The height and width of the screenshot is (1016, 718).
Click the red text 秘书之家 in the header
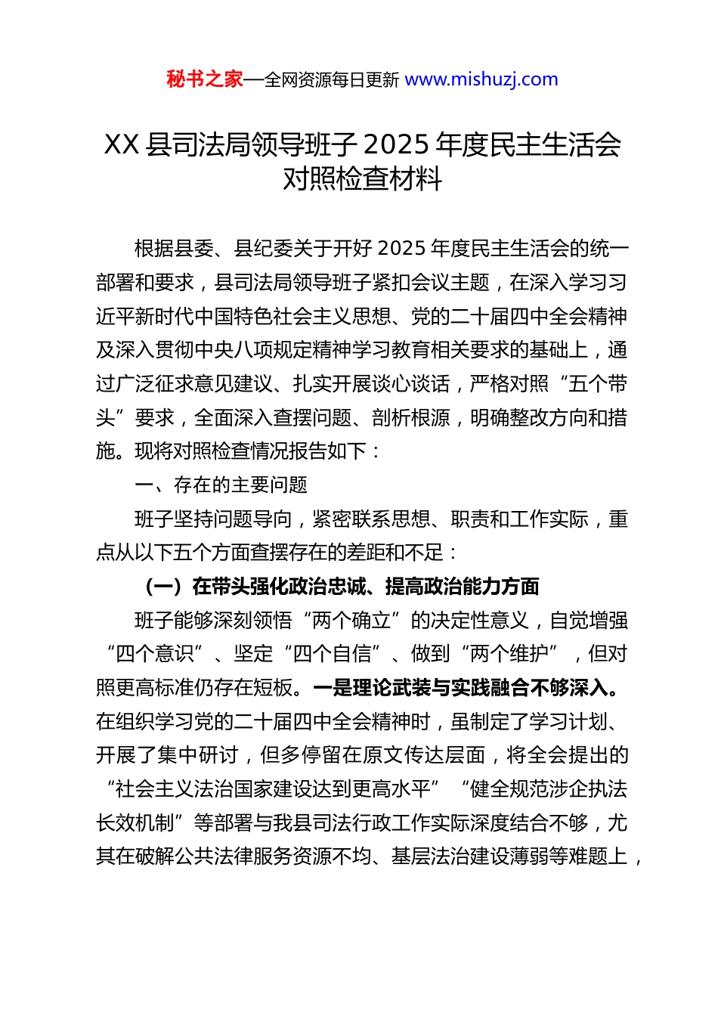[x=204, y=79]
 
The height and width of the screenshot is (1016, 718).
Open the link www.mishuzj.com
[x=481, y=79]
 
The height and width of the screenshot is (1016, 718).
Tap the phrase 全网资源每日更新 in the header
[x=332, y=79]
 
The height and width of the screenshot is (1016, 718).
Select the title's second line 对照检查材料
[x=362, y=178]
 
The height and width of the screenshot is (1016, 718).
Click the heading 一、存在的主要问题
[x=221, y=485]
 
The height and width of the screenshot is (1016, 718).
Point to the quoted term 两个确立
[x=351, y=621]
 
